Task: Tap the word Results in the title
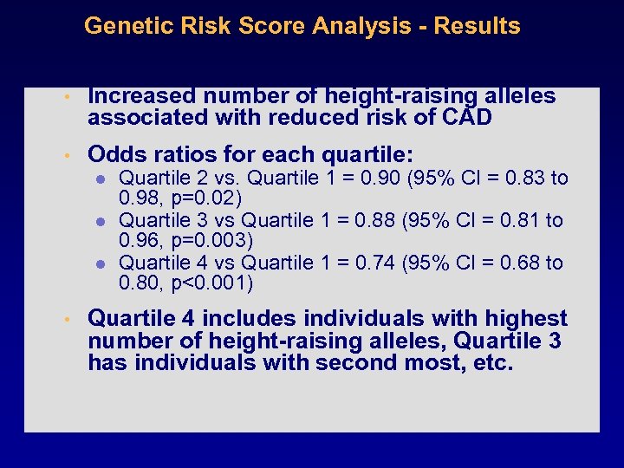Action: click(x=478, y=26)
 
